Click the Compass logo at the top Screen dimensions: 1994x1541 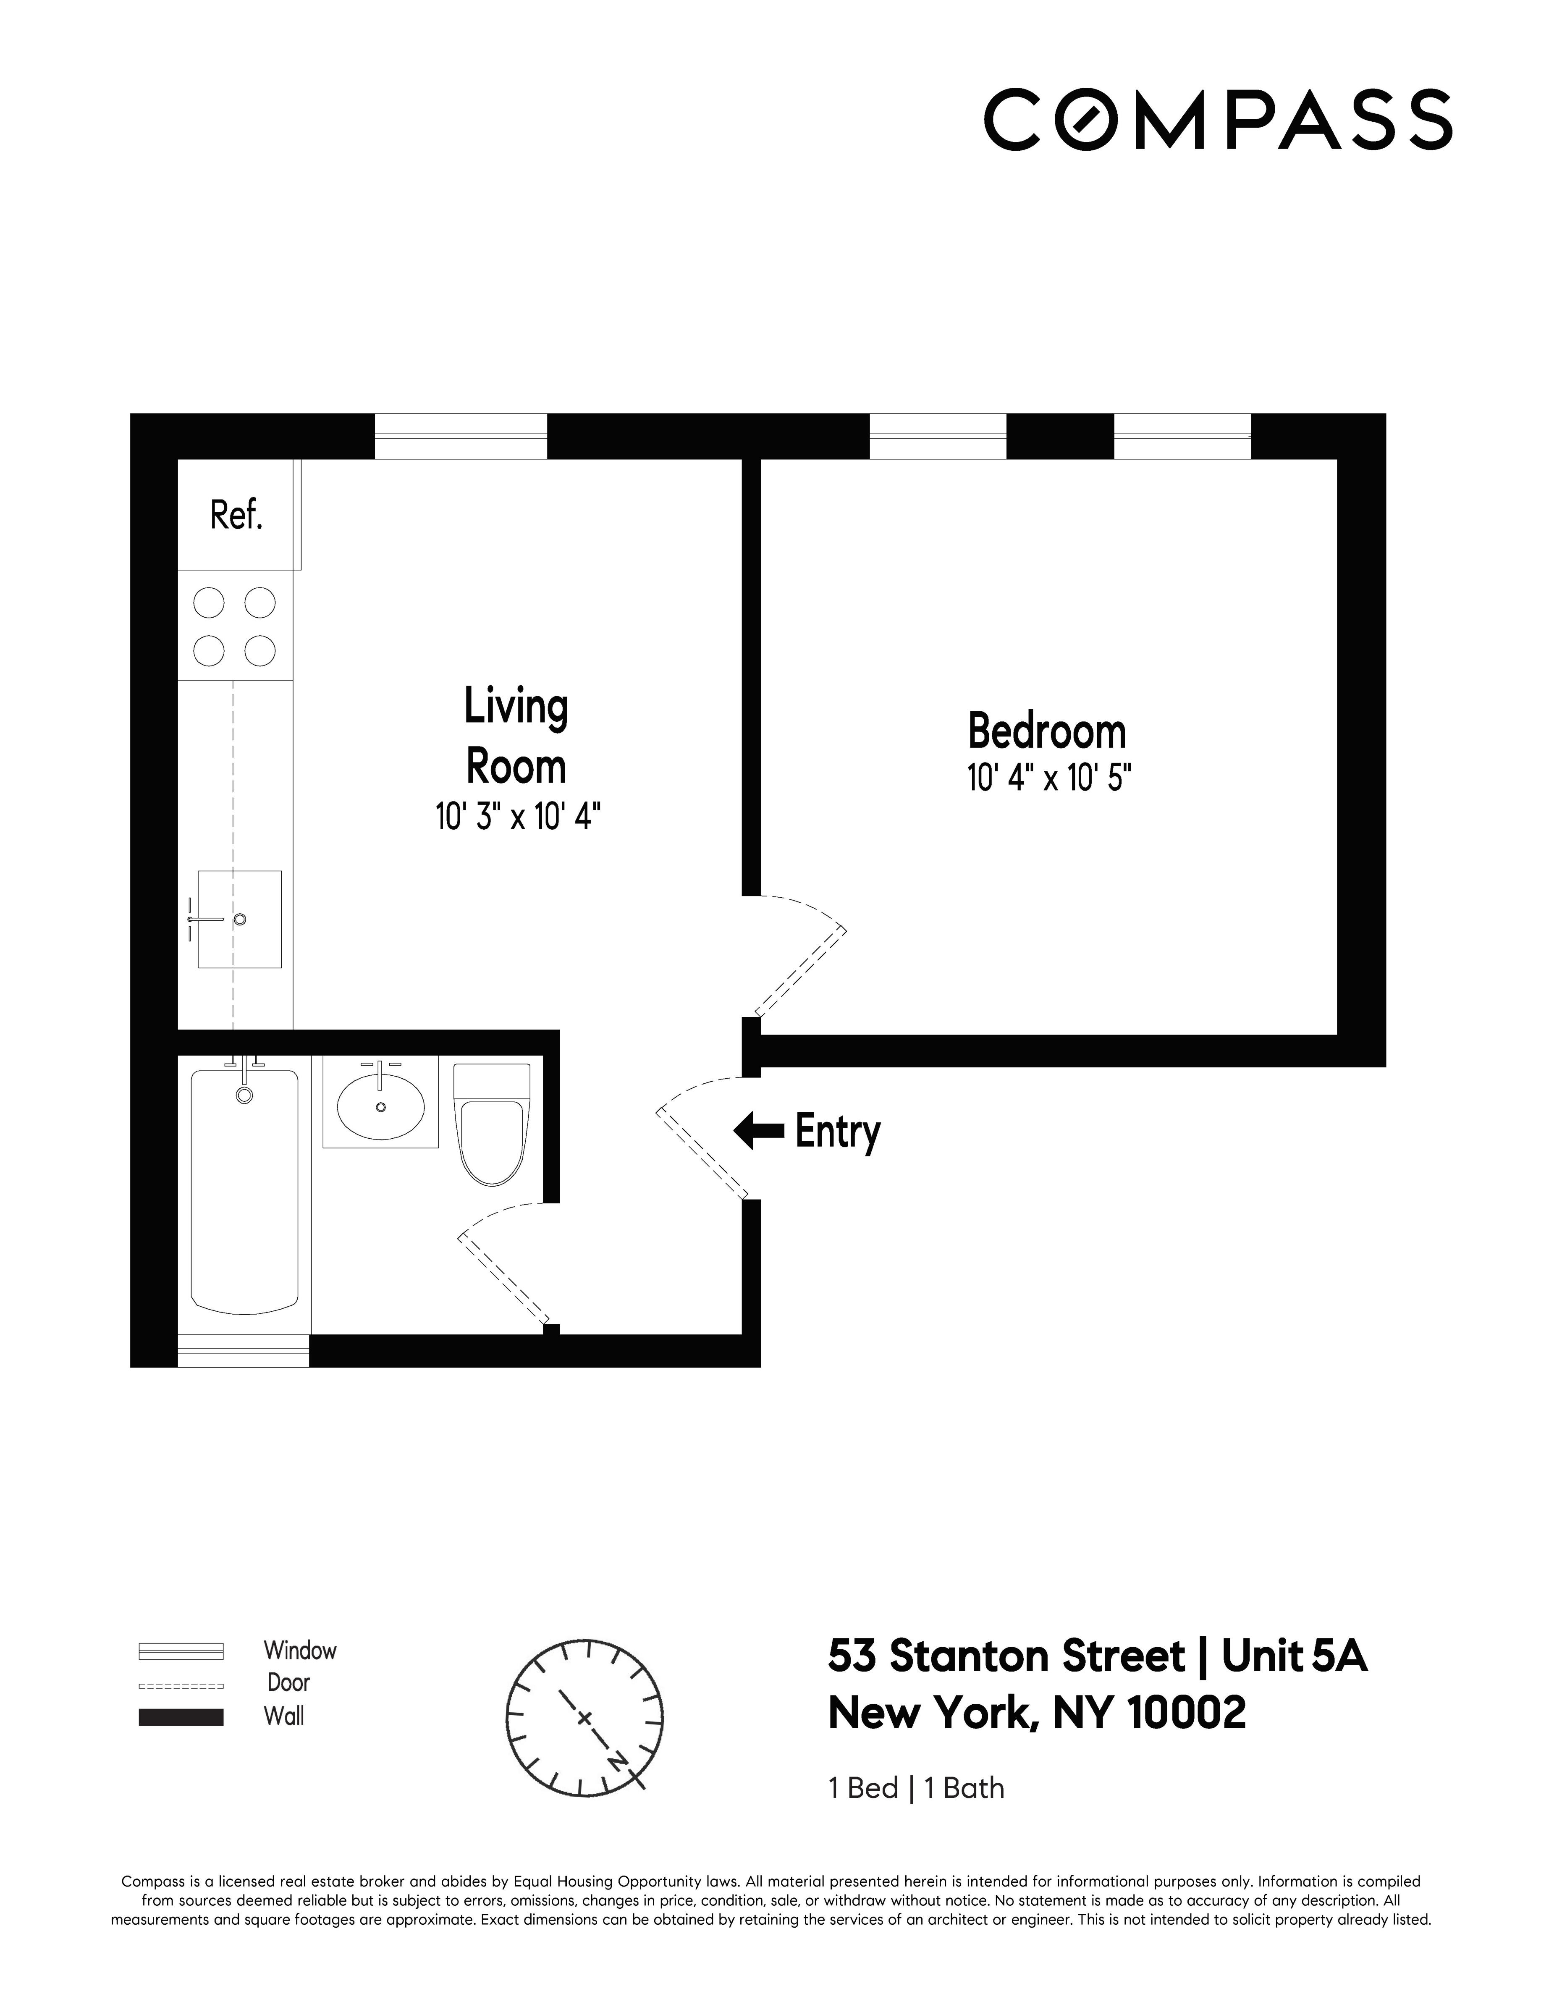point(1217,120)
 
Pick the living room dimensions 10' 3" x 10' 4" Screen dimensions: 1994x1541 point(518,816)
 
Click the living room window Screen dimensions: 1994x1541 point(461,436)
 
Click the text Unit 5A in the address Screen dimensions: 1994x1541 point(1294,1656)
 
